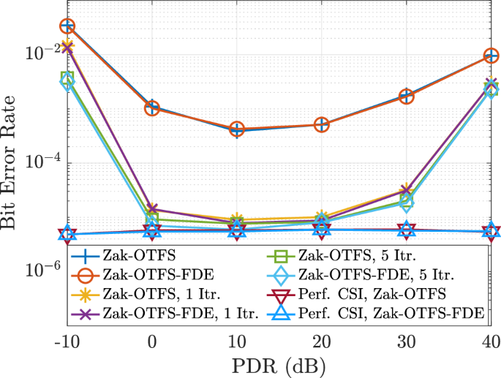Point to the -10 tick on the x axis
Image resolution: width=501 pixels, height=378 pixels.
click(x=67, y=342)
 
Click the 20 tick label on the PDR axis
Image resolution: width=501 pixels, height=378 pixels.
click(x=322, y=342)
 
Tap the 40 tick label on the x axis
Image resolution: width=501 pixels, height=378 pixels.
click(x=491, y=342)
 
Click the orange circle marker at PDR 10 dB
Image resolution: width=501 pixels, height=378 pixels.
click(x=237, y=129)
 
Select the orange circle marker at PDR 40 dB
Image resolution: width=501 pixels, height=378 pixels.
click(x=491, y=56)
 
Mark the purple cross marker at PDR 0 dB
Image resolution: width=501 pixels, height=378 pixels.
click(x=152, y=210)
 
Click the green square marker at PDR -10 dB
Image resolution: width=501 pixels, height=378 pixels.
click(x=67, y=78)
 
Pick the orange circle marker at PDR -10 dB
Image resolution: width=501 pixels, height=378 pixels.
click(x=67, y=26)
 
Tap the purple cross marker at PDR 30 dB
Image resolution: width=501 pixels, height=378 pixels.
click(x=407, y=191)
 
